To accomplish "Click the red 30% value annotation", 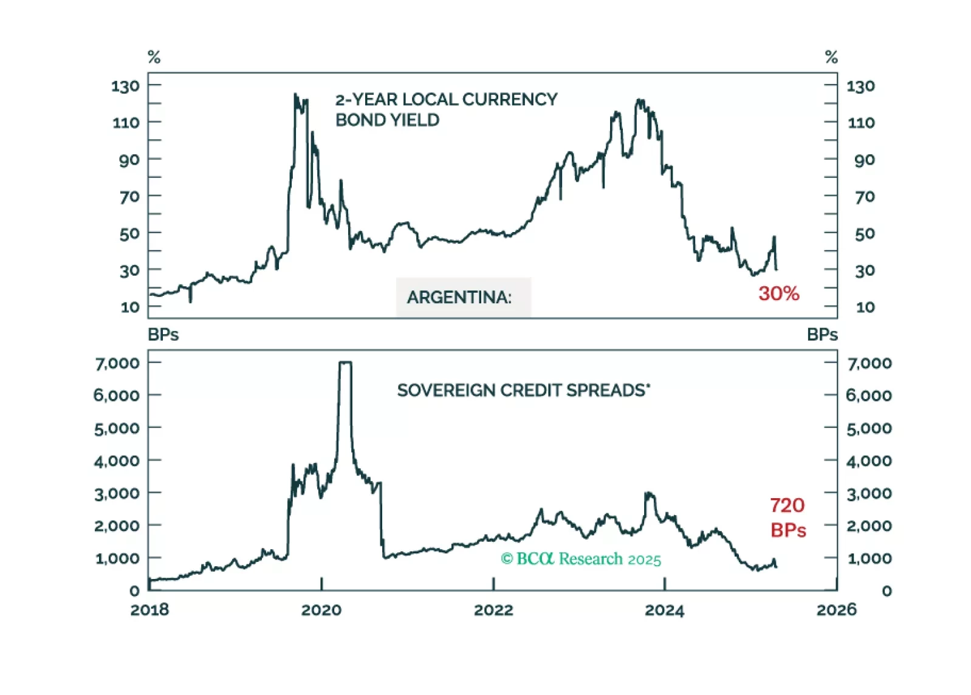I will (778, 293).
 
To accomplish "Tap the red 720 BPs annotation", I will (787, 517).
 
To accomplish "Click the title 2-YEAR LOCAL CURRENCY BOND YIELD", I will (446, 109).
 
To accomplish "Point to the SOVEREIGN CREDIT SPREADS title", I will (523, 390).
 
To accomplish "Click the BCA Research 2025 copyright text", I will (580, 559).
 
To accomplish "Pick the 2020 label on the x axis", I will (321, 610).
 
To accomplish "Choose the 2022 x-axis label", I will (493, 610).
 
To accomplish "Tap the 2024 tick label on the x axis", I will (664, 610).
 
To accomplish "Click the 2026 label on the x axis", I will (836, 610).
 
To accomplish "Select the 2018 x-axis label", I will (149, 610).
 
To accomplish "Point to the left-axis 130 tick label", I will (125, 86).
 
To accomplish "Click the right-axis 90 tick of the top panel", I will (864, 160).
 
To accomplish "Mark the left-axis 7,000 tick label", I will (117, 363).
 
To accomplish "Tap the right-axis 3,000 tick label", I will (869, 493).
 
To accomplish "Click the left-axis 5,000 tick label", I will (117, 428).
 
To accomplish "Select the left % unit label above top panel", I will (154, 57).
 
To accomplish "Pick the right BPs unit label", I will (822, 335).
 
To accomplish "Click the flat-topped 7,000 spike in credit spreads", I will (345, 363).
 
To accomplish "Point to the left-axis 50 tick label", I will (129, 234).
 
